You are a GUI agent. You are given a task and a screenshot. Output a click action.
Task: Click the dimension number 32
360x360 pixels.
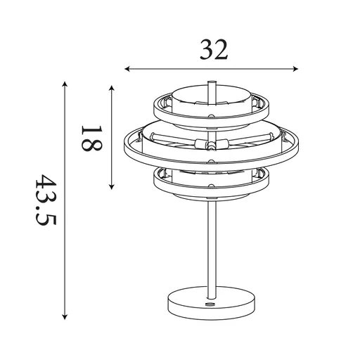pyautogui.click(x=214, y=49)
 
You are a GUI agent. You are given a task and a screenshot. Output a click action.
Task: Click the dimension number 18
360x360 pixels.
pyautogui.click(x=92, y=138)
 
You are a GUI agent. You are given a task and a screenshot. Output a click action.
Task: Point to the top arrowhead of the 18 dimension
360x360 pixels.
pyautogui.click(x=112, y=86)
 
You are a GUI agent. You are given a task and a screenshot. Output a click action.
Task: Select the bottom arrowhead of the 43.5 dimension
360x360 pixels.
pyautogui.click(x=65, y=317)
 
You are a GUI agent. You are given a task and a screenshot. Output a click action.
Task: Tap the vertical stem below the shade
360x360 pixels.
pyautogui.click(x=211, y=246)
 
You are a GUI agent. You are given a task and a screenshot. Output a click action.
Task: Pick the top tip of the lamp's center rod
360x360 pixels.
pyautogui.click(x=211, y=83)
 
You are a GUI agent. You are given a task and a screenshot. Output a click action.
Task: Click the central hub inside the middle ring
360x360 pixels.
pyautogui.click(x=210, y=145)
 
